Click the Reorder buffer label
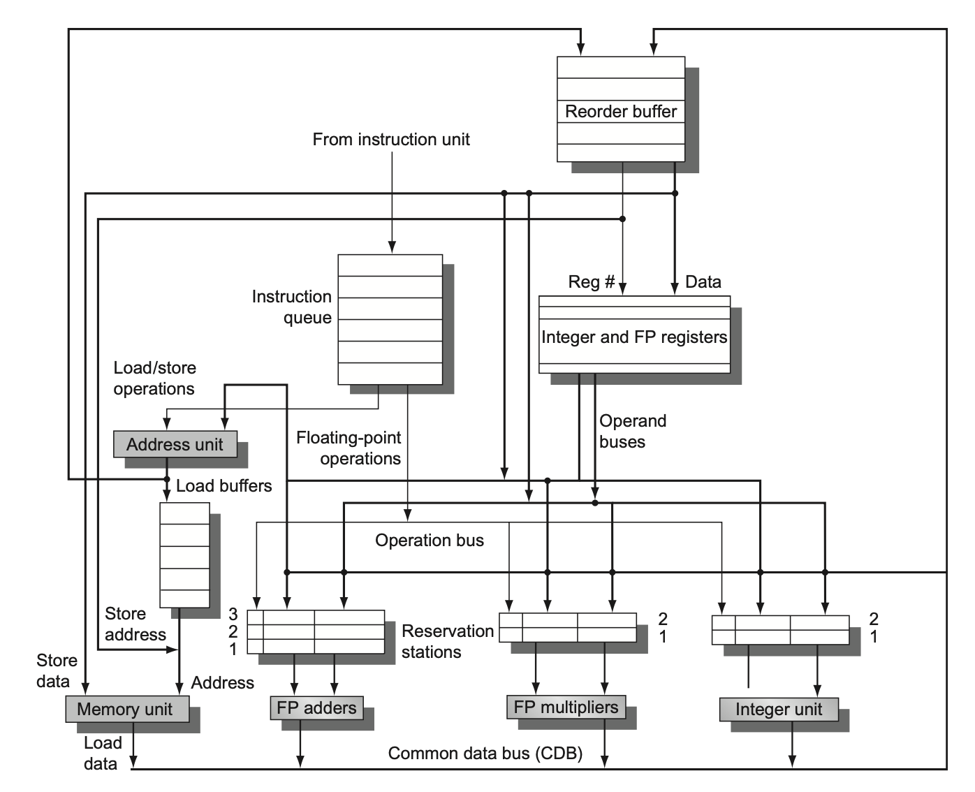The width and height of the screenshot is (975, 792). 620,112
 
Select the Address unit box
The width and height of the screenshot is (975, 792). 175,444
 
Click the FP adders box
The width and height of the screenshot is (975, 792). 316,707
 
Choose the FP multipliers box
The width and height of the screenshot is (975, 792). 566,707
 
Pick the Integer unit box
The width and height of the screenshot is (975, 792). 778,710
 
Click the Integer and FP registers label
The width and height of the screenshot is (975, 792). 634,337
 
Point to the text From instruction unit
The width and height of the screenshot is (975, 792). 391,140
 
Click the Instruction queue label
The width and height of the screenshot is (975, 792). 292,307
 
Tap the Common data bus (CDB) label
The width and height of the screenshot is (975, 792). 485,754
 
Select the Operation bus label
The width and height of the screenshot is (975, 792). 429,541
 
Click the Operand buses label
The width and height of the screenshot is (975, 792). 633,432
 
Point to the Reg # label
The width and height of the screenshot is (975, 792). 591,282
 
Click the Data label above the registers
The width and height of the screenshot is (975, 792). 703,282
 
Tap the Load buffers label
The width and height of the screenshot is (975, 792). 223,486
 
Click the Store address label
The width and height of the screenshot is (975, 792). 135,624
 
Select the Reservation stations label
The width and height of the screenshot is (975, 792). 447,642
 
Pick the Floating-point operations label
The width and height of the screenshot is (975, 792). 349,448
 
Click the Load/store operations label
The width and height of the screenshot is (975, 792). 154,379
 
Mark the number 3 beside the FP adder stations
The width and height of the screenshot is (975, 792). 233,615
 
